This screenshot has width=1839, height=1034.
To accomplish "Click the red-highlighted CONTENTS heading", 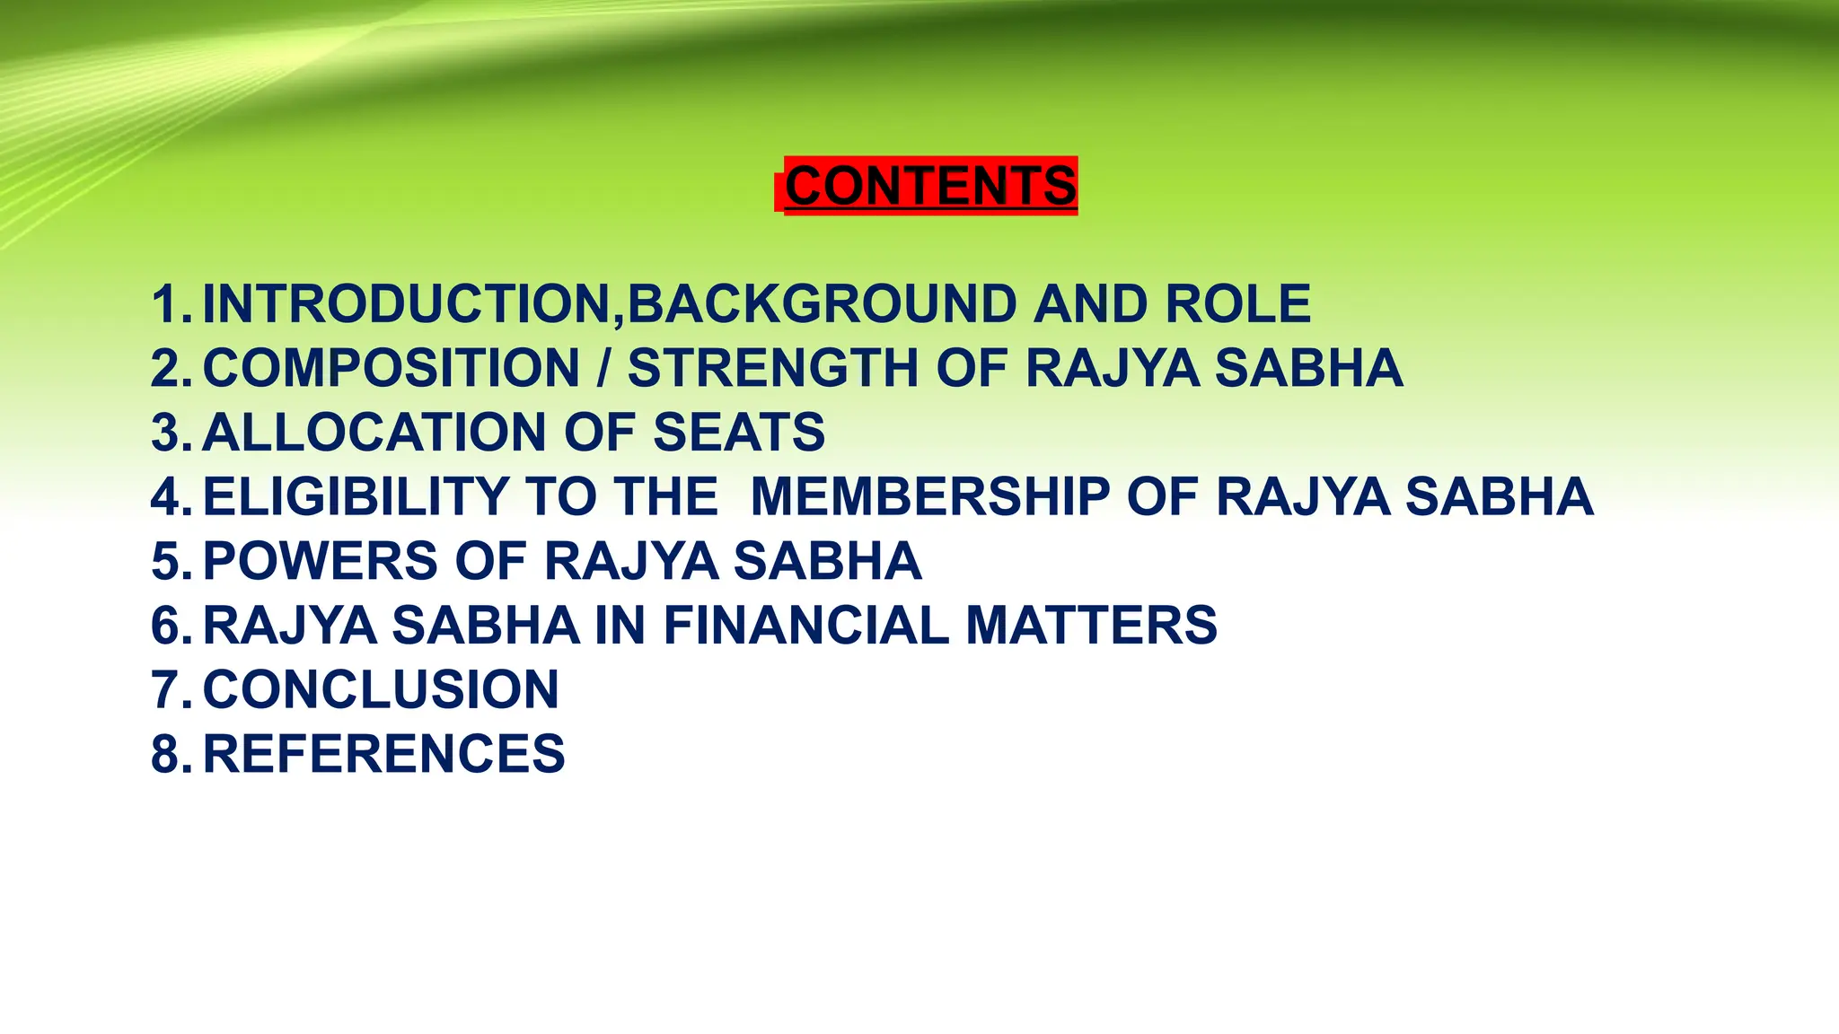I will (x=929, y=186).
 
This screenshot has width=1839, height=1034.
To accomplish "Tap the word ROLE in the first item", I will (x=1237, y=303).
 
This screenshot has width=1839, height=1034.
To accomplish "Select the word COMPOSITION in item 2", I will (x=392, y=368).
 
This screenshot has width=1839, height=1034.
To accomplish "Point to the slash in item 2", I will (x=604, y=368).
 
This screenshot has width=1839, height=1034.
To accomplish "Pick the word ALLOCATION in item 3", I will (x=374, y=433).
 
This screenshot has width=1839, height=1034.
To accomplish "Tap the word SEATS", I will (x=738, y=433).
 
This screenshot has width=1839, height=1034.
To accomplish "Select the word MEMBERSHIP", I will (x=930, y=496).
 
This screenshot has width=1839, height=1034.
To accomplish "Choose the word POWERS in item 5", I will (x=321, y=561).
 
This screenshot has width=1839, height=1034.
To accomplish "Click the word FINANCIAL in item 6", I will (x=805, y=625).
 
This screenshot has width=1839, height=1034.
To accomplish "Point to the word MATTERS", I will (x=1091, y=625).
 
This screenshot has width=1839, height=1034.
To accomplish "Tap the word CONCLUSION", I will (x=381, y=689).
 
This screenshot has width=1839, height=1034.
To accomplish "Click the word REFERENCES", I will (x=384, y=753).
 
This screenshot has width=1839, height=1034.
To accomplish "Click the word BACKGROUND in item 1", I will (x=822, y=303).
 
